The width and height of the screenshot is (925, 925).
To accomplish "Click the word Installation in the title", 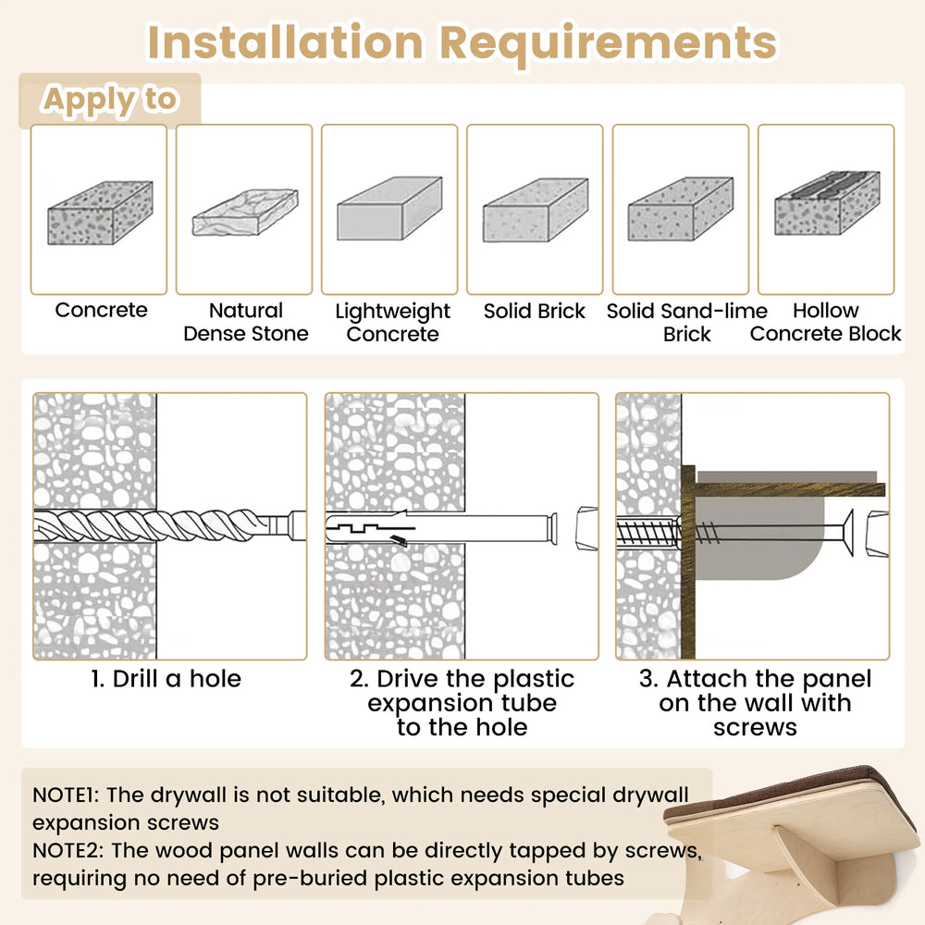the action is (285, 43).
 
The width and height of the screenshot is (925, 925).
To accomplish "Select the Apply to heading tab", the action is (110, 100).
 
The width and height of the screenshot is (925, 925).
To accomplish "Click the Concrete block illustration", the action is (100, 213).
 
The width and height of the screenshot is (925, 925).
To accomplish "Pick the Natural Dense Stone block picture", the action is (245, 212).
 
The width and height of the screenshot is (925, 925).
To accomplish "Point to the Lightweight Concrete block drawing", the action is (389, 208).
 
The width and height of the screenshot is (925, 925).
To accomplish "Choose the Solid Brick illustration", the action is (535, 210).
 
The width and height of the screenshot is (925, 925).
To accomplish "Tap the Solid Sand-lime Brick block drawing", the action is (680, 209).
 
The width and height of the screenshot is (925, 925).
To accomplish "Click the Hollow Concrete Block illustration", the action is (827, 203).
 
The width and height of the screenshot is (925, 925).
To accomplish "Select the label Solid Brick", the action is (535, 311).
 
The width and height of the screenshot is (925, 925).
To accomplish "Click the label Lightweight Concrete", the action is (392, 322).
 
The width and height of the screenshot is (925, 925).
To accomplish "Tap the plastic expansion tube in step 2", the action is (440, 528).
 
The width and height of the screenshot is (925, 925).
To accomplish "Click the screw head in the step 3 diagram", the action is (847, 533).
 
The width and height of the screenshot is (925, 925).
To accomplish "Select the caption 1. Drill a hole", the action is (166, 679).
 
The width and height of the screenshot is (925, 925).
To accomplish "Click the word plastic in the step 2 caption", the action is (534, 680).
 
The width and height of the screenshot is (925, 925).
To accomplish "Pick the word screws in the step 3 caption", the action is (755, 727).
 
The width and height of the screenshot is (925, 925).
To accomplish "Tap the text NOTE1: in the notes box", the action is (66, 795).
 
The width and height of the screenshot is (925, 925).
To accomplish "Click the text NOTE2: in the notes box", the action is (68, 850).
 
